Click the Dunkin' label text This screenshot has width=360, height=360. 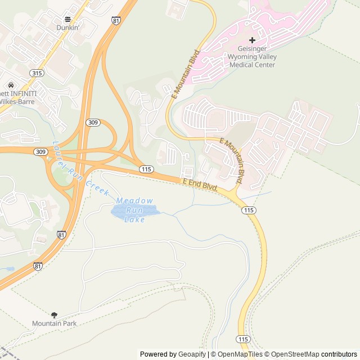click(x=67, y=27)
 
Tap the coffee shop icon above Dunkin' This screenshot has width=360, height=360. click(x=67, y=19)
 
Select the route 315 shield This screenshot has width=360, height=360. click(x=37, y=73)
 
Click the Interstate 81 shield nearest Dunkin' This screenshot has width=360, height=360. click(x=116, y=21)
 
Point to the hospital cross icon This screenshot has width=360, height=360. click(x=252, y=40)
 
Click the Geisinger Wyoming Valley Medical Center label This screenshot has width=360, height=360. click(x=252, y=57)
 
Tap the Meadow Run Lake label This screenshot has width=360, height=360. click(x=134, y=210)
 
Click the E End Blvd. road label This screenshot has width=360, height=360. click(x=200, y=185)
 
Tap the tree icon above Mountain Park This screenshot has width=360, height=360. click(x=54, y=315)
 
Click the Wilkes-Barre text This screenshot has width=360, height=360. click(x=17, y=102)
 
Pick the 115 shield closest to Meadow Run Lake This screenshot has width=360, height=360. click(x=146, y=169)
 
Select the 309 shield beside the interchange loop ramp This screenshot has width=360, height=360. click(x=93, y=122)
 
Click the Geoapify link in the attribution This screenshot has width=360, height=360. click(x=192, y=354)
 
